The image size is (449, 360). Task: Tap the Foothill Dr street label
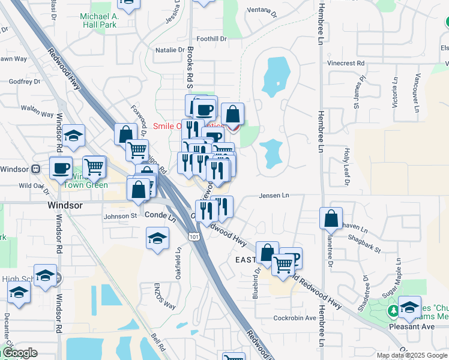click(215, 38)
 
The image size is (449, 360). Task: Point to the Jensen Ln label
click(274, 195)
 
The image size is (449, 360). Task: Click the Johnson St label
click(120, 217)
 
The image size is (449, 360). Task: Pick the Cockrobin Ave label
click(294, 318)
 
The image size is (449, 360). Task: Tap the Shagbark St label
click(364, 238)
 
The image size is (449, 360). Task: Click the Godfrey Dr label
click(25, 82)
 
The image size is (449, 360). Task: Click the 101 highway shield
click(194, 238)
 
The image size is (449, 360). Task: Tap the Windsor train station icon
click(36, 169)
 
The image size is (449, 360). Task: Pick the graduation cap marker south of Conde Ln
click(157, 238)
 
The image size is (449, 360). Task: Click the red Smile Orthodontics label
click(180, 126)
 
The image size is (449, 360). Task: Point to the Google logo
click(19, 353)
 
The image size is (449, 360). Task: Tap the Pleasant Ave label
click(412, 327)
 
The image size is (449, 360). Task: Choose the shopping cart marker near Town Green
click(94, 166)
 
